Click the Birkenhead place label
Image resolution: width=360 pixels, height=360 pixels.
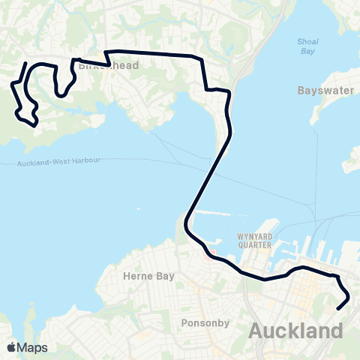(98, 65)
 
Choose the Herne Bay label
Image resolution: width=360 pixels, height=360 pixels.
(148, 276)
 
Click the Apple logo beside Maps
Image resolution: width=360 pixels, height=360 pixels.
(11, 347)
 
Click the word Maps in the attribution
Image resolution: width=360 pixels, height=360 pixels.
(33, 347)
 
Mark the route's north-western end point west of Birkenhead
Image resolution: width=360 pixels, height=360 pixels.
(27, 64)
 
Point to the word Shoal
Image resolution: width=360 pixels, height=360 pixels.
(307, 41)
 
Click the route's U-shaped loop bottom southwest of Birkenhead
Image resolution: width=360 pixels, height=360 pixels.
(61, 95)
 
